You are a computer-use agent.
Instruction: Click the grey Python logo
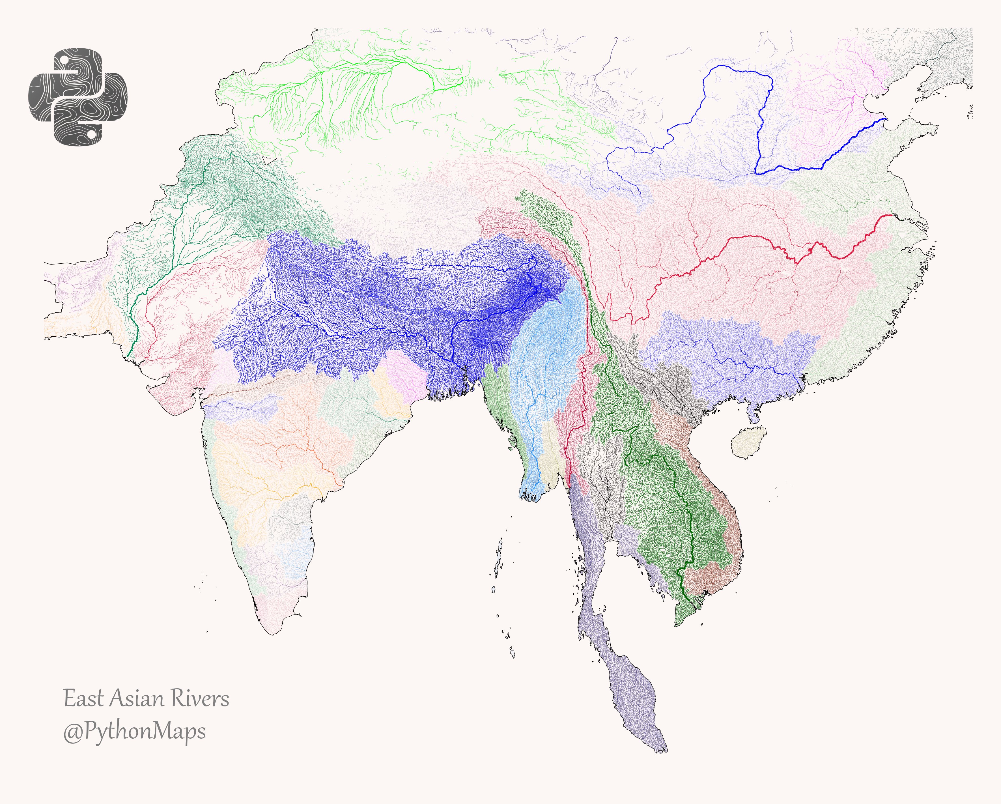[78, 96]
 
